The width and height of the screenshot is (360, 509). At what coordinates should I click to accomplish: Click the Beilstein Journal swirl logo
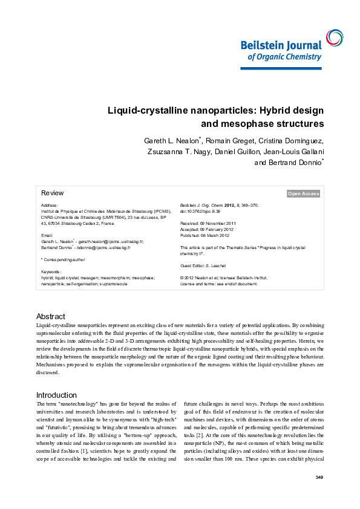pyautogui.click(x=333, y=37)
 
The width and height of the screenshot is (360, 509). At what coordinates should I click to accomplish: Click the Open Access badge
pyautogui.click(x=303, y=193)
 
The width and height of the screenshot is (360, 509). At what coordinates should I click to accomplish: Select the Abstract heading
pyautogui.click(x=50, y=316)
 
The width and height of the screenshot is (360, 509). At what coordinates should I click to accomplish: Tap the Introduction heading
pyautogui.click(x=56, y=395)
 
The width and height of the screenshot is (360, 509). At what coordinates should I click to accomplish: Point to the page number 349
pyautogui.click(x=319, y=478)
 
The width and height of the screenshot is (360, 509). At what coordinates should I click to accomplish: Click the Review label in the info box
pyautogui.click(x=52, y=193)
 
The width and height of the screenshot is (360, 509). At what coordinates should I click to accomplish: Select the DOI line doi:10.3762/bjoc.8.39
pyautogui.click(x=200, y=212)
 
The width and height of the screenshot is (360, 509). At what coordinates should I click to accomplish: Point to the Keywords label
pyautogui.click(x=51, y=271)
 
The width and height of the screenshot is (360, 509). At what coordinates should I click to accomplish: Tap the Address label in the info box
pyautogui.click(x=50, y=206)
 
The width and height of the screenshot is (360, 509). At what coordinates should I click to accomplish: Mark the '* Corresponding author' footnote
pyautogui.click(x=64, y=259)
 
